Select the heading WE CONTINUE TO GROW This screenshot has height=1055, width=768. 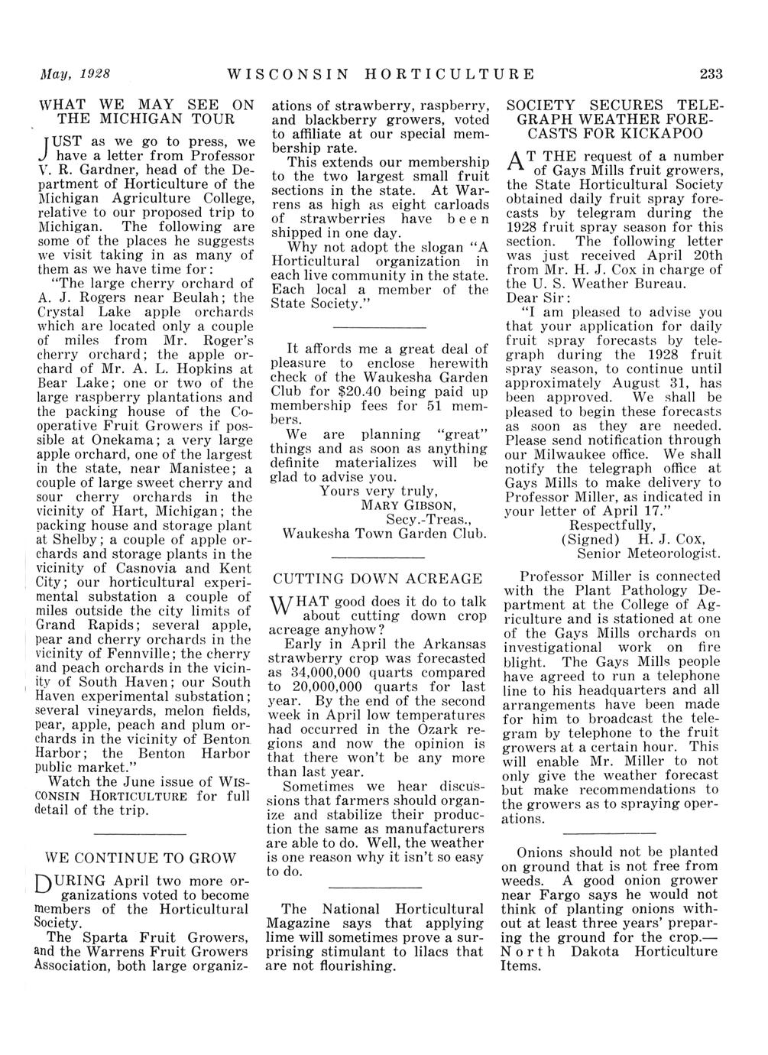[x=142, y=858]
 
